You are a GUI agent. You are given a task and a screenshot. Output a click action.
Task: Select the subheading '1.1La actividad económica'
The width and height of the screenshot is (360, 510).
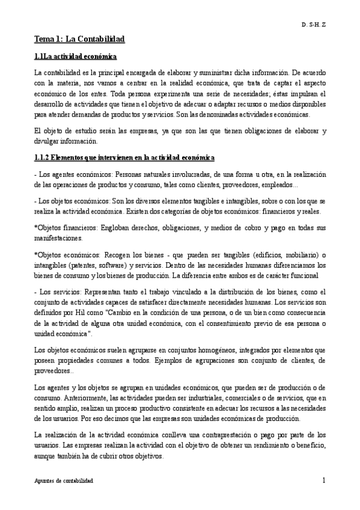(x=74, y=57)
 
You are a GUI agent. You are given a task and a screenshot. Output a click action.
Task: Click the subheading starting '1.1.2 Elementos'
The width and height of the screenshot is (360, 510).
(x=124, y=158)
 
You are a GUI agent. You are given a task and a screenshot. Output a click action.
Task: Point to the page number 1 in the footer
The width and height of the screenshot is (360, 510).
(x=323, y=481)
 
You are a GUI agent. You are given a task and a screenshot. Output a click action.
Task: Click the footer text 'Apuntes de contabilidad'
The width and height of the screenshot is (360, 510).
(x=63, y=482)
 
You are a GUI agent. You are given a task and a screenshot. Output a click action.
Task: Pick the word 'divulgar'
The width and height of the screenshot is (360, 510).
(x=46, y=141)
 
